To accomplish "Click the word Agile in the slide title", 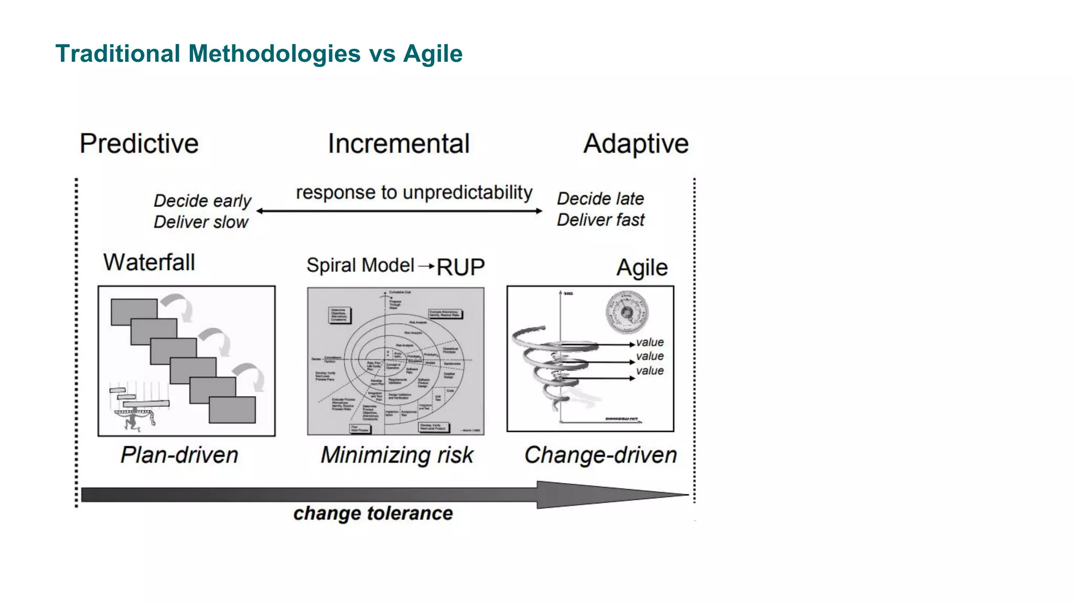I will [x=433, y=54].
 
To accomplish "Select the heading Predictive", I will [x=139, y=144].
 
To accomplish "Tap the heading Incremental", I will [x=399, y=144].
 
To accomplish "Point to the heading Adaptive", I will [x=636, y=144].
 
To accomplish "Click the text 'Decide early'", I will [x=202, y=201].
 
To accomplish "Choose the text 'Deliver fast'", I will [x=600, y=220].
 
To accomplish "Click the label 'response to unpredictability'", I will [x=414, y=192].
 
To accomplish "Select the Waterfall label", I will [x=149, y=262].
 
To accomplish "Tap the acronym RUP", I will [x=460, y=267].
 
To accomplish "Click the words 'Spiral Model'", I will [x=360, y=265].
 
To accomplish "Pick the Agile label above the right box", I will [x=642, y=268].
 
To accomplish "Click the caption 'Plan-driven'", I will [x=179, y=455].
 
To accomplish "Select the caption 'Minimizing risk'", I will [x=397, y=455].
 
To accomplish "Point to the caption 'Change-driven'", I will [x=600, y=455].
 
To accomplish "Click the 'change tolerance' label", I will [x=373, y=513].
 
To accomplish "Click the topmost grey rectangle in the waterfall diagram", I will [x=134, y=311].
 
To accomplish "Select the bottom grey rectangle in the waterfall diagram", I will [x=232, y=410].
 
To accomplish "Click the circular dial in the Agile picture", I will [x=627, y=313].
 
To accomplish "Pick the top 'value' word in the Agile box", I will [x=650, y=342].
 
